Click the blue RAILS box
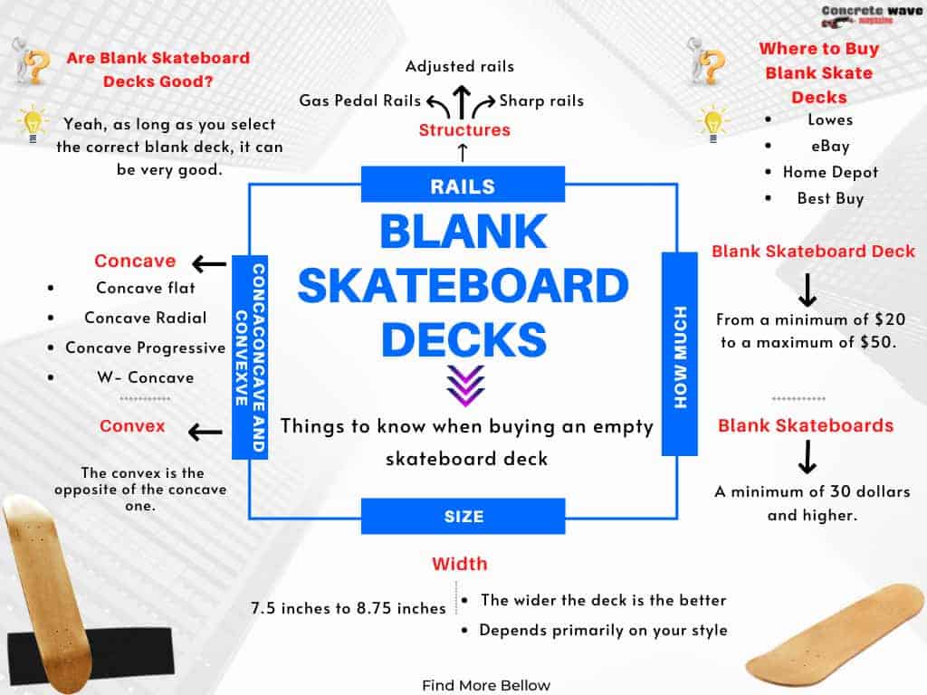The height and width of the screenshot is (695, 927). [x=463, y=185]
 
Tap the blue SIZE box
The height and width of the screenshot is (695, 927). [x=463, y=516]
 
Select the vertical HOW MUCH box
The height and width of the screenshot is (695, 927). [x=680, y=354]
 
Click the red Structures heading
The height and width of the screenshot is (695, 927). [x=464, y=130]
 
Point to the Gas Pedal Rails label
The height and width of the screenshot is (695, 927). [x=360, y=100]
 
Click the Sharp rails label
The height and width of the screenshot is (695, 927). [x=541, y=100]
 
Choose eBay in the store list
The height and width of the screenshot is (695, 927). [x=830, y=146]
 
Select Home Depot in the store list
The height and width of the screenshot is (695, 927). [x=830, y=172]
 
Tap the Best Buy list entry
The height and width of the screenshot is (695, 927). [x=830, y=198]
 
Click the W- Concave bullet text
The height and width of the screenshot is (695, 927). [x=146, y=377]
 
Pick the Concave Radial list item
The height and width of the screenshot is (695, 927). [x=146, y=318]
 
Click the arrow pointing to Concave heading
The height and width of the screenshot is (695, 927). [x=209, y=263]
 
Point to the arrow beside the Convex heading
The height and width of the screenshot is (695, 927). [x=205, y=432]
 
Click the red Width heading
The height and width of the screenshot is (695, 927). [x=459, y=564]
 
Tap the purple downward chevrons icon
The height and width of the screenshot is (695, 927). [x=466, y=386]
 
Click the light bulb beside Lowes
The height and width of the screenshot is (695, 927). [x=712, y=124]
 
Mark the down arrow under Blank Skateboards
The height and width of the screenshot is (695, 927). [x=807, y=457]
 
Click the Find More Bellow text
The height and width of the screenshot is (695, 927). [x=486, y=686]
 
